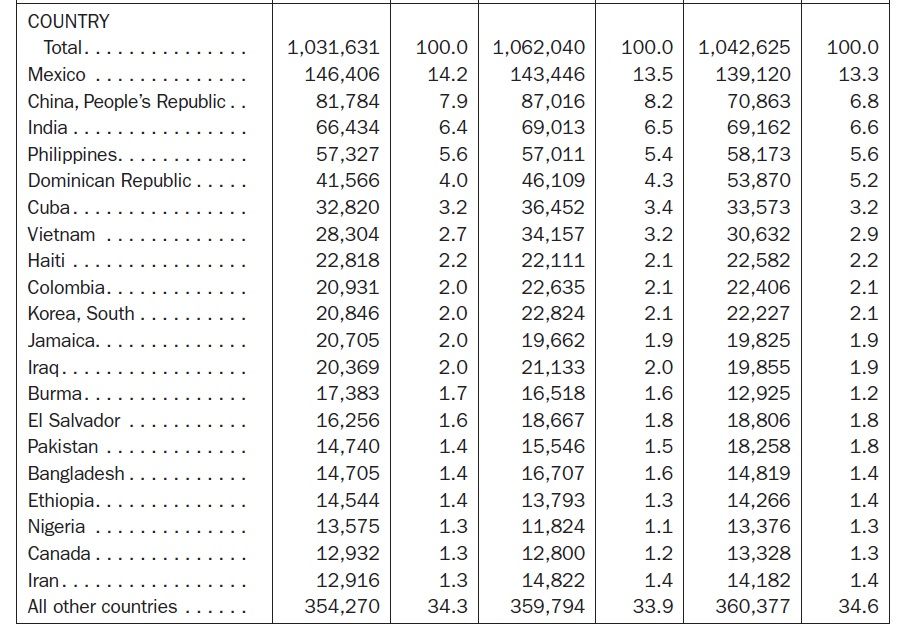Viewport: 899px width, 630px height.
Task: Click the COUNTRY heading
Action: point(69,21)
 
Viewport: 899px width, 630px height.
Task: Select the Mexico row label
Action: point(57,75)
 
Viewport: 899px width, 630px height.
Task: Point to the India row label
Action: point(49,128)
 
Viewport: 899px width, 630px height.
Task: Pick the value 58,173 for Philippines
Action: point(759,154)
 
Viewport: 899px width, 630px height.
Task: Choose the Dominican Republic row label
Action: point(109,181)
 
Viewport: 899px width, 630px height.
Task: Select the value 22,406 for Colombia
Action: point(759,287)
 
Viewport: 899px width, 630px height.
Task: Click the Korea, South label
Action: point(81,313)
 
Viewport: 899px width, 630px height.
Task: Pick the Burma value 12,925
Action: point(759,393)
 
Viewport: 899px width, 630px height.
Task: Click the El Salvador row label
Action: point(74,420)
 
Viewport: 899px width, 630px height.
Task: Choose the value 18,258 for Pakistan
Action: point(759,446)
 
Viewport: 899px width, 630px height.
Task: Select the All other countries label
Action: point(102,606)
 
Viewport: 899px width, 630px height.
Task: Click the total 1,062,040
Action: point(539,47)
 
